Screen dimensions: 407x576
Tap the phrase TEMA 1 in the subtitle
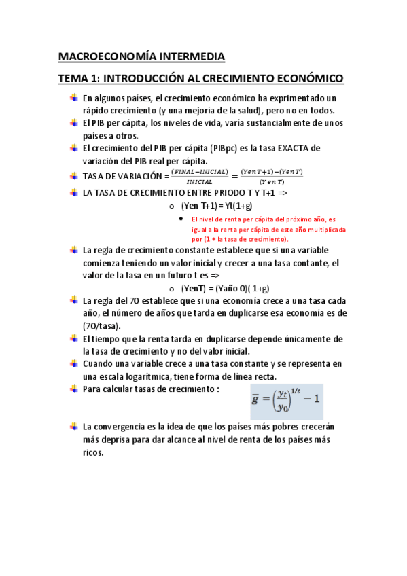click(x=79, y=79)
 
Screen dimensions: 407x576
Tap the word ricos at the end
click(x=93, y=452)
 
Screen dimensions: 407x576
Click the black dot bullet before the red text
click(x=179, y=219)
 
